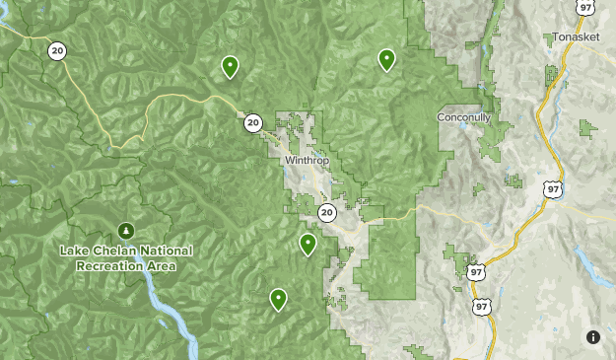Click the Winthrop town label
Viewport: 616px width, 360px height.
(306, 160)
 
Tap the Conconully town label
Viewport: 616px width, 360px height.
(463, 117)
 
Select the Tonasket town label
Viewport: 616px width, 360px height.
(577, 37)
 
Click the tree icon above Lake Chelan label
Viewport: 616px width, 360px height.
(125, 230)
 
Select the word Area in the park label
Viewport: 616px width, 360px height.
(162, 266)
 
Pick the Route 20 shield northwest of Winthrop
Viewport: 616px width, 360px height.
(253, 123)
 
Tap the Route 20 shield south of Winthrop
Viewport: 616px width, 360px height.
(327, 212)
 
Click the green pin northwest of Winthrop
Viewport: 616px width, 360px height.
(230, 66)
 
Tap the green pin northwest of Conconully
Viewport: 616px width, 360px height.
(387, 60)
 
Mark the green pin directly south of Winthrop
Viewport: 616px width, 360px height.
(308, 244)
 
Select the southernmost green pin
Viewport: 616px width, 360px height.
(278, 298)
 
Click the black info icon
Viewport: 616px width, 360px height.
(593, 337)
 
